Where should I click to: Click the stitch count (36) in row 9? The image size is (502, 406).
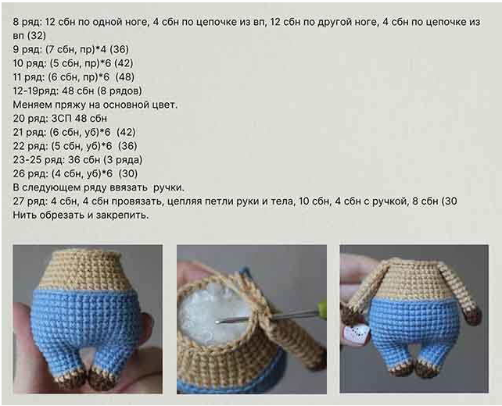click(119, 49)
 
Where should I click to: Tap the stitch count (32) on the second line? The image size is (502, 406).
click(37, 36)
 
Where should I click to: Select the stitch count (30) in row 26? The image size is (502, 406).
click(128, 173)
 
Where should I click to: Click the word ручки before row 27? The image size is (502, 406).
click(168, 187)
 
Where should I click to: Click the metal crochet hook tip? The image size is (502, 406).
click(217, 322)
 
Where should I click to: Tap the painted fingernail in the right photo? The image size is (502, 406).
click(356, 333)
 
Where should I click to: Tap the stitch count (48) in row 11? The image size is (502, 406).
click(125, 77)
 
